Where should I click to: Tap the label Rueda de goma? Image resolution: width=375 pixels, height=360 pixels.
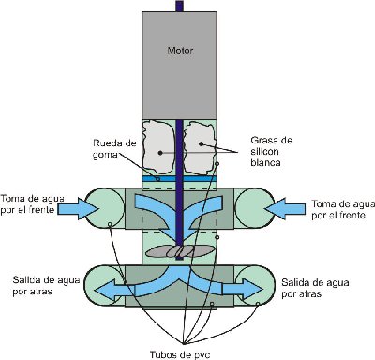[x=112, y=148]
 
